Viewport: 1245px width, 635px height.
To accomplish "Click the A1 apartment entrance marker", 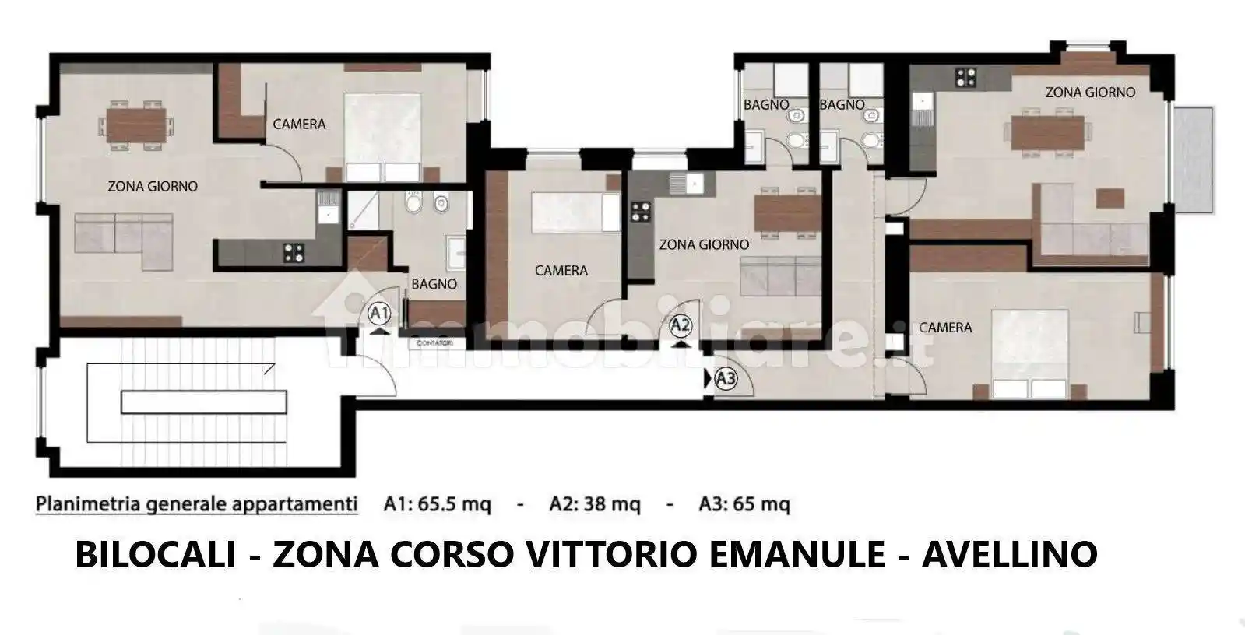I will point(379,314).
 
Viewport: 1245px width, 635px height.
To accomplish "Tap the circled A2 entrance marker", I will point(681,324).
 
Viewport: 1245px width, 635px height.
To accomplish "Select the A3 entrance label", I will point(726,379).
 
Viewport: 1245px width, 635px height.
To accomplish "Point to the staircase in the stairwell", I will point(203,402).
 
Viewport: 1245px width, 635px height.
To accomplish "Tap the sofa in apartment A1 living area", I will point(125,234).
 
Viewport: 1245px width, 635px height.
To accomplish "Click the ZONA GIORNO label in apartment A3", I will point(1090,92).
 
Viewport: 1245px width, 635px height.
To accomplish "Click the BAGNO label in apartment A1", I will point(434,284).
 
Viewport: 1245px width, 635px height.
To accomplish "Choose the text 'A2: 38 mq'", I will point(595,504).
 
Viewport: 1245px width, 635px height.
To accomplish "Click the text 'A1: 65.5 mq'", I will point(438,504).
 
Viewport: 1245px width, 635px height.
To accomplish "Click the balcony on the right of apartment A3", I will point(1193,160).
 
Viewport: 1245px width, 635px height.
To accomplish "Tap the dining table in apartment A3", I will point(1048,132).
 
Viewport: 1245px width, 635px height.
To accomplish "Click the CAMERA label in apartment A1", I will point(299,124).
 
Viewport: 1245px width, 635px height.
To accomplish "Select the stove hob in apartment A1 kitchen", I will point(294,251).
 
